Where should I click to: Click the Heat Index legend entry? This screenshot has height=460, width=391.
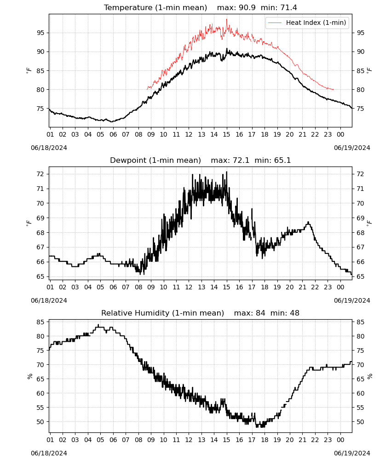pos(307,23)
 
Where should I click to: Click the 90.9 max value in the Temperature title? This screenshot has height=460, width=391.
pos(247,7)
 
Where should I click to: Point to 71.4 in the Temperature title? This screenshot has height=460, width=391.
pos(288,7)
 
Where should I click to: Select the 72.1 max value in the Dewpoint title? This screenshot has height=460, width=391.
pos(241,160)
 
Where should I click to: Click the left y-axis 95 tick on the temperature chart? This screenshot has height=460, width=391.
pos(40,33)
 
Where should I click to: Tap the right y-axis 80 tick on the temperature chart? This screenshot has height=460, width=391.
pos(361,90)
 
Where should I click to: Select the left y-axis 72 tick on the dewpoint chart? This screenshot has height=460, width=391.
pos(40,174)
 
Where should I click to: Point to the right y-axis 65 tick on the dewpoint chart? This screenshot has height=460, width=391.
pos(361,276)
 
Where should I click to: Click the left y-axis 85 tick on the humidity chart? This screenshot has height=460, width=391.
pos(40,322)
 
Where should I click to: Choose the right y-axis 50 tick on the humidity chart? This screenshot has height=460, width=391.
pos(361,422)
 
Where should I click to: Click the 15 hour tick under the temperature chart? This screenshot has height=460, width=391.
pos(226,134)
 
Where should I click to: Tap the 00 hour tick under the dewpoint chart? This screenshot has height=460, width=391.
pos(340,287)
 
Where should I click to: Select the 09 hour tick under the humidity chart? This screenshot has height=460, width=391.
pos(151,440)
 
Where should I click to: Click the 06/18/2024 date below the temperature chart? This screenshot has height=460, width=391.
pos(49,148)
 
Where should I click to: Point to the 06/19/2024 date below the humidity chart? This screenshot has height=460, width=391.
pos(352,453)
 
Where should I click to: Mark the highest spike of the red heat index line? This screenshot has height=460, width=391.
pos(226,19)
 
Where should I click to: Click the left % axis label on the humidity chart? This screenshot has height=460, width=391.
pos(29,376)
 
